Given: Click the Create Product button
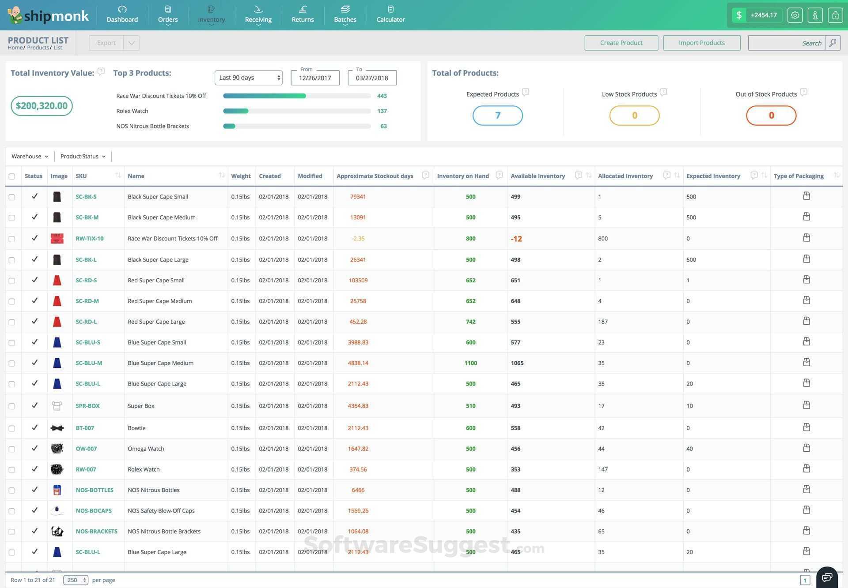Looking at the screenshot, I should [621, 43].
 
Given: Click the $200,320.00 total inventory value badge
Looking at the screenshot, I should [42, 106].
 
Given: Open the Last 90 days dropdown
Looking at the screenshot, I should [249, 78].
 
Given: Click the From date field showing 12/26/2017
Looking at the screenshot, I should [315, 78].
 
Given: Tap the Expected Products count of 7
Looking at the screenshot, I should [497, 116].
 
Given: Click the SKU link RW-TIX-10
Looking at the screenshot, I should [90, 239].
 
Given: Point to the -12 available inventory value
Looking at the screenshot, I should [516, 239].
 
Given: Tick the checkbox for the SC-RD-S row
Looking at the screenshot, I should [12, 281].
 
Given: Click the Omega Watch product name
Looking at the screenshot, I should [146, 449].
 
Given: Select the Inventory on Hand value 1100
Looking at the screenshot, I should [470, 363].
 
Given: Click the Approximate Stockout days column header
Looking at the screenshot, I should [375, 176].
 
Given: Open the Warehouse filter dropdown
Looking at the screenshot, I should [30, 156].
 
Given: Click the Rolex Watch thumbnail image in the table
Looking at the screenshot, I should [57, 469].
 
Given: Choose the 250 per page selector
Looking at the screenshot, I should [76, 580].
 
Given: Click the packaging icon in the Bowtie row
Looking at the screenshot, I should [806, 427].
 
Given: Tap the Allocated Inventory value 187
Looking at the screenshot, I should [603, 322].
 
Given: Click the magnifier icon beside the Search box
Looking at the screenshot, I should [833, 43].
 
